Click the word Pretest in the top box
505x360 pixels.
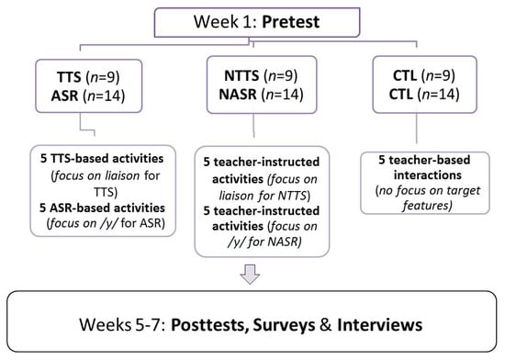tap(290, 22)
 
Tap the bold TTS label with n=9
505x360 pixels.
tap(69, 77)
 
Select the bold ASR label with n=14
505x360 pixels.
tap(64, 96)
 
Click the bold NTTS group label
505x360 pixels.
tap(241, 76)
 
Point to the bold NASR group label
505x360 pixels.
tap(238, 95)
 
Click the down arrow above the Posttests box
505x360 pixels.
tap(250, 274)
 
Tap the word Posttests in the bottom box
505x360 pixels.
tap(209, 324)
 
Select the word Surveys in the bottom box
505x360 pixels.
tap(284, 324)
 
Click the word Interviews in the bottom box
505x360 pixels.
tap(380, 324)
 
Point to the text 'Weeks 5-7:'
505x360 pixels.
tap(123, 324)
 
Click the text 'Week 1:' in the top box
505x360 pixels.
tap(225, 22)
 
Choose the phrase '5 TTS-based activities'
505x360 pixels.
tap(102, 159)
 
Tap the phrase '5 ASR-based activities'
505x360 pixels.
tap(102, 208)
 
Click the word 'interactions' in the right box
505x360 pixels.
tap(427, 175)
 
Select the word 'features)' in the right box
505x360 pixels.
tap(427, 205)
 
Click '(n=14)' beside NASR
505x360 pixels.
tap(283, 95)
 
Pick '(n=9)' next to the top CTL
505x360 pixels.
tap(440, 76)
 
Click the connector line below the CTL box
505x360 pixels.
tap(417, 129)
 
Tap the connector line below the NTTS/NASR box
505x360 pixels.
tap(253, 126)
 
